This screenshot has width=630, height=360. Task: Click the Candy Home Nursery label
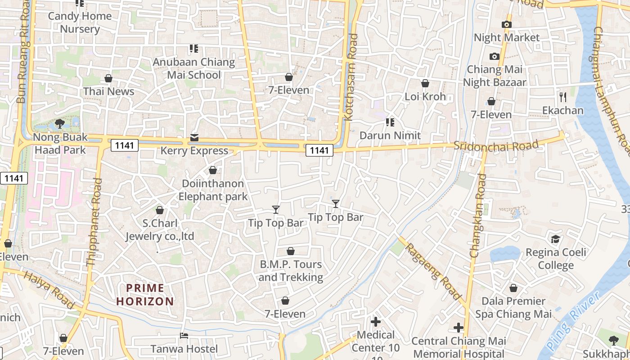click(x=80, y=22)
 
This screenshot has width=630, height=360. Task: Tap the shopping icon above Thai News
click(x=108, y=79)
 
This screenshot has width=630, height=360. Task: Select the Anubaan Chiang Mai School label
click(x=194, y=68)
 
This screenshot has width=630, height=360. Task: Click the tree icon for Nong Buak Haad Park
click(x=59, y=123)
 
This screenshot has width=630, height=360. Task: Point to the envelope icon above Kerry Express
click(x=194, y=137)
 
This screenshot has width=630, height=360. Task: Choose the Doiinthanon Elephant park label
click(x=213, y=190)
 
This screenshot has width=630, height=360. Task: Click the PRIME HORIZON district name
click(x=145, y=295)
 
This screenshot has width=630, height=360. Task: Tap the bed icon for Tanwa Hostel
click(x=184, y=335)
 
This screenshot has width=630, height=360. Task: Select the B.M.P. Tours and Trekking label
click(x=291, y=270)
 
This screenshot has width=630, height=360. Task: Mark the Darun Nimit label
click(x=390, y=135)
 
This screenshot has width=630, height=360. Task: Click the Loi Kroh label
click(x=425, y=96)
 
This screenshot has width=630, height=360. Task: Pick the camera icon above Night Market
click(x=507, y=24)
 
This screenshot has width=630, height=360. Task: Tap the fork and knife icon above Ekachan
click(x=562, y=97)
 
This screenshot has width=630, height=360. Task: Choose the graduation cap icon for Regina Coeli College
click(x=556, y=238)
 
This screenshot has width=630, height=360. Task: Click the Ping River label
click(x=574, y=321)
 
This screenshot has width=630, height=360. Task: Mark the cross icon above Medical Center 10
click(x=375, y=322)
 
